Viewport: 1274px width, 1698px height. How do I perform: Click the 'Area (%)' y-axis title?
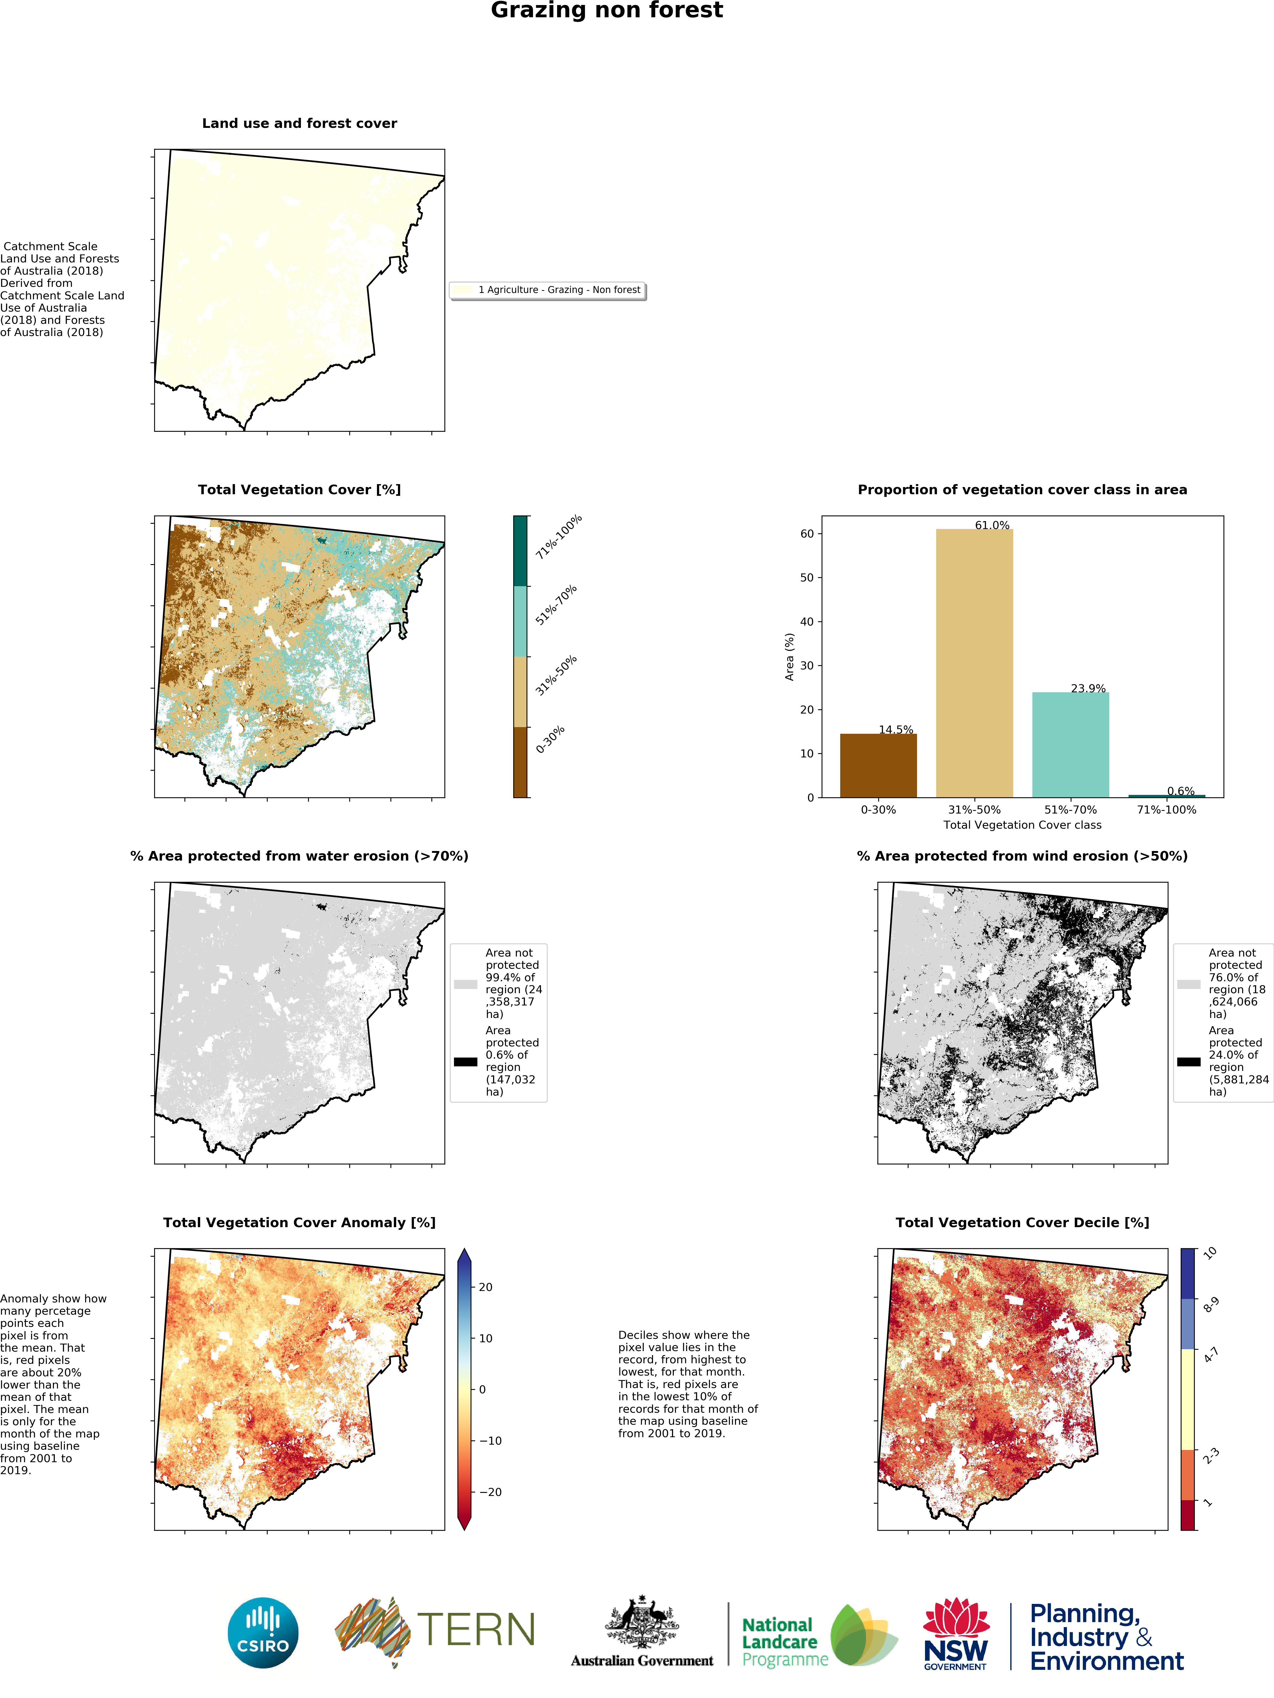coord(789,656)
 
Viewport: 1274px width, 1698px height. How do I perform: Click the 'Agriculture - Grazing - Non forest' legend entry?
coord(559,290)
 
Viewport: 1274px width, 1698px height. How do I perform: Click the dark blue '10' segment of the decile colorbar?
coord(1187,1273)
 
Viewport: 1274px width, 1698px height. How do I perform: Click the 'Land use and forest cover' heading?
coord(299,124)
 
